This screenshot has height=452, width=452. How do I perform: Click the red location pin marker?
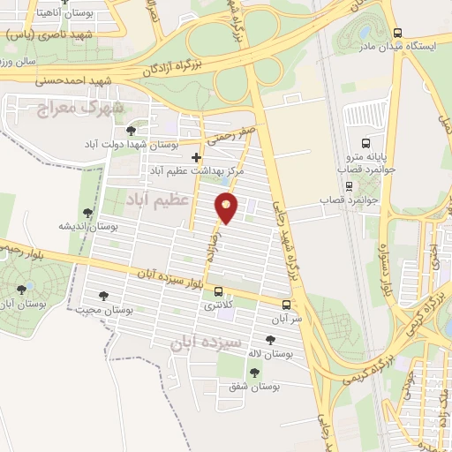(x=228, y=207)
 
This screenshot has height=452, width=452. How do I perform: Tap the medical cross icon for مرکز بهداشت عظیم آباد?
(x=196, y=157)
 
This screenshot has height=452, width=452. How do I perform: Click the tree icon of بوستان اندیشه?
(x=87, y=213)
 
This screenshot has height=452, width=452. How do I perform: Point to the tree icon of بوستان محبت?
(x=103, y=297)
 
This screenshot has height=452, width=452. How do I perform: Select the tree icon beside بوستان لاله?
(x=270, y=339)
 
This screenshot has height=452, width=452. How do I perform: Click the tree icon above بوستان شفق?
(x=255, y=373)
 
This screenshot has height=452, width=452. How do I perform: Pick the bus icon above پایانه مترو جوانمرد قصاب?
(x=365, y=143)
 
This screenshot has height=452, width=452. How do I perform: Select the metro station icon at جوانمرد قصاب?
(x=349, y=186)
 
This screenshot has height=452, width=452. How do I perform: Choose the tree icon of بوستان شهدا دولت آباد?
(x=131, y=131)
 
